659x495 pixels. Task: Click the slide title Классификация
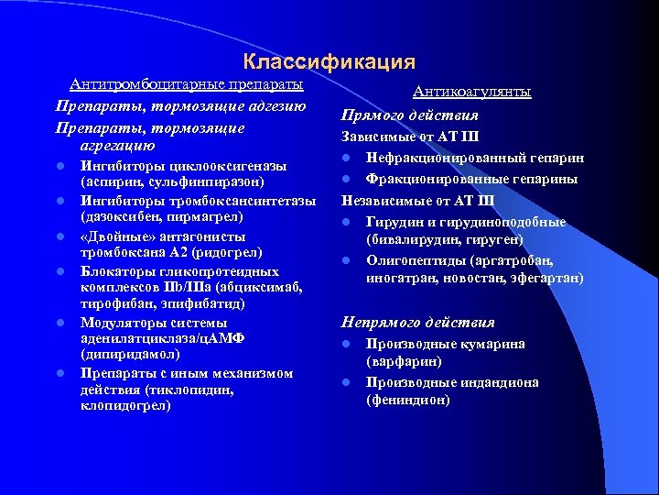[329, 62]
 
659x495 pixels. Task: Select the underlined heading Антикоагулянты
[471, 92]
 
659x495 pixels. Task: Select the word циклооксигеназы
[226, 166]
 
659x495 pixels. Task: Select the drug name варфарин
[400, 361]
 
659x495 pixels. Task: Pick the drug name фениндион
[407, 400]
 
